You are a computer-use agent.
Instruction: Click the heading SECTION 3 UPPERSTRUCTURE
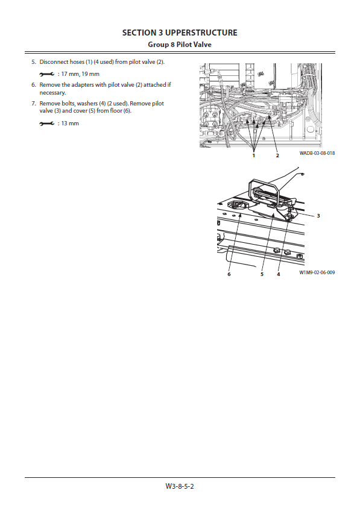(180, 33)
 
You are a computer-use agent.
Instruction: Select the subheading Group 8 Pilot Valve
(180, 45)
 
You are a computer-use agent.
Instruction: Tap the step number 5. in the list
(34, 62)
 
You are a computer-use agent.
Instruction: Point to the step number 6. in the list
(34, 85)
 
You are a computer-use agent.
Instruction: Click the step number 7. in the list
(34, 104)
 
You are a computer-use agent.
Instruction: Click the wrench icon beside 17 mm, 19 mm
(46, 75)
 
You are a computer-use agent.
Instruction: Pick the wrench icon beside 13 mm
(46, 124)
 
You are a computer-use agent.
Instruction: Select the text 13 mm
(70, 124)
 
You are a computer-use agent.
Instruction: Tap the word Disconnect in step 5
(54, 62)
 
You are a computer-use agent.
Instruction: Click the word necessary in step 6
(52, 93)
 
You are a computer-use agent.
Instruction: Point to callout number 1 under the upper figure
(254, 155)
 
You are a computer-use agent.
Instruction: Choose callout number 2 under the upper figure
(277, 155)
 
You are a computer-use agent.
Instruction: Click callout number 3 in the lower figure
(318, 216)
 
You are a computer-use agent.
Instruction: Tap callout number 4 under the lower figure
(278, 274)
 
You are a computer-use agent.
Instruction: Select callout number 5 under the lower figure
(262, 274)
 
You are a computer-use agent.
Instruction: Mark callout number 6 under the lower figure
(229, 274)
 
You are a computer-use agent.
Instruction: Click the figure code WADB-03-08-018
(317, 153)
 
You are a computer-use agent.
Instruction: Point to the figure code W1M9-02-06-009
(317, 272)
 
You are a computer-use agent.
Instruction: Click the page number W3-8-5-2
(180, 486)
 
